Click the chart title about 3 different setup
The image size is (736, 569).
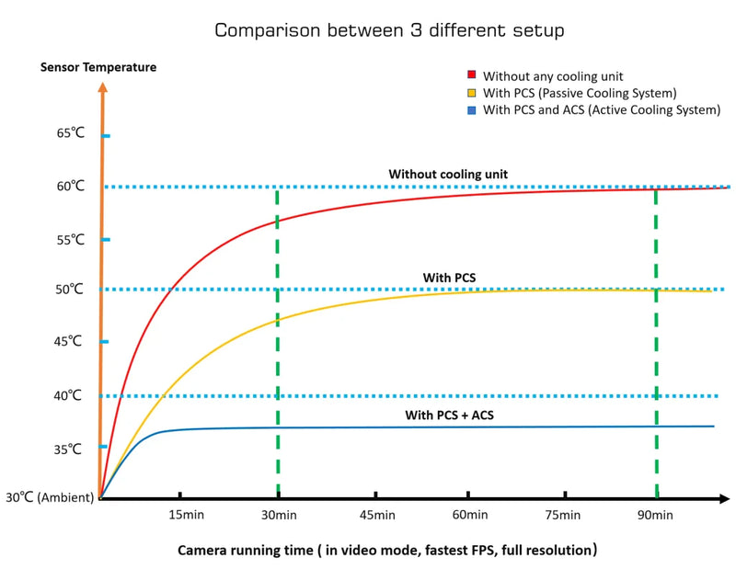(389, 30)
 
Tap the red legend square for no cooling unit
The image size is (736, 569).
(471, 75)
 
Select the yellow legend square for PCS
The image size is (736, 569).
(471, 93)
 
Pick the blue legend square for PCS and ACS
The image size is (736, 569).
(471, 110)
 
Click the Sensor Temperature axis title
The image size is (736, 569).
(98, 67)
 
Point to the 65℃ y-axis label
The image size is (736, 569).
(70, 133)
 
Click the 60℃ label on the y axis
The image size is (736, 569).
(70, 186)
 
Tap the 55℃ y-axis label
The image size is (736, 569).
(70, 239)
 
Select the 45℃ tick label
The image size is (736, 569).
(70, 341)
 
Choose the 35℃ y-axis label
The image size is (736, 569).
(70, 450)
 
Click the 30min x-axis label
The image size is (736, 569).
(278, 516)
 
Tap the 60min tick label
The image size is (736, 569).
(470, 516)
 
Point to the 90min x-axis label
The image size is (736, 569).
(656, 516)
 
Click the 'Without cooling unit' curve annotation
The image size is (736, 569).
(448, 174)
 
